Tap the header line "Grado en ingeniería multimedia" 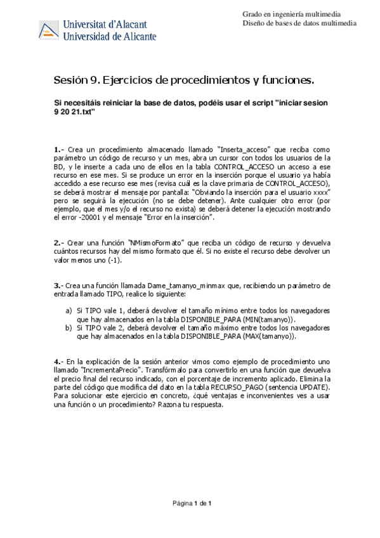[291, 14]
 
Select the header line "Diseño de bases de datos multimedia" [299, 23]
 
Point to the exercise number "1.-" [60, 150]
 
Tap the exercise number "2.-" [60, 243]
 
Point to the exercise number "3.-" [60, 285]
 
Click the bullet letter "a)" [69, 311]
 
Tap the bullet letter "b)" [69, 328]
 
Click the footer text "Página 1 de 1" [192, 503]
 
